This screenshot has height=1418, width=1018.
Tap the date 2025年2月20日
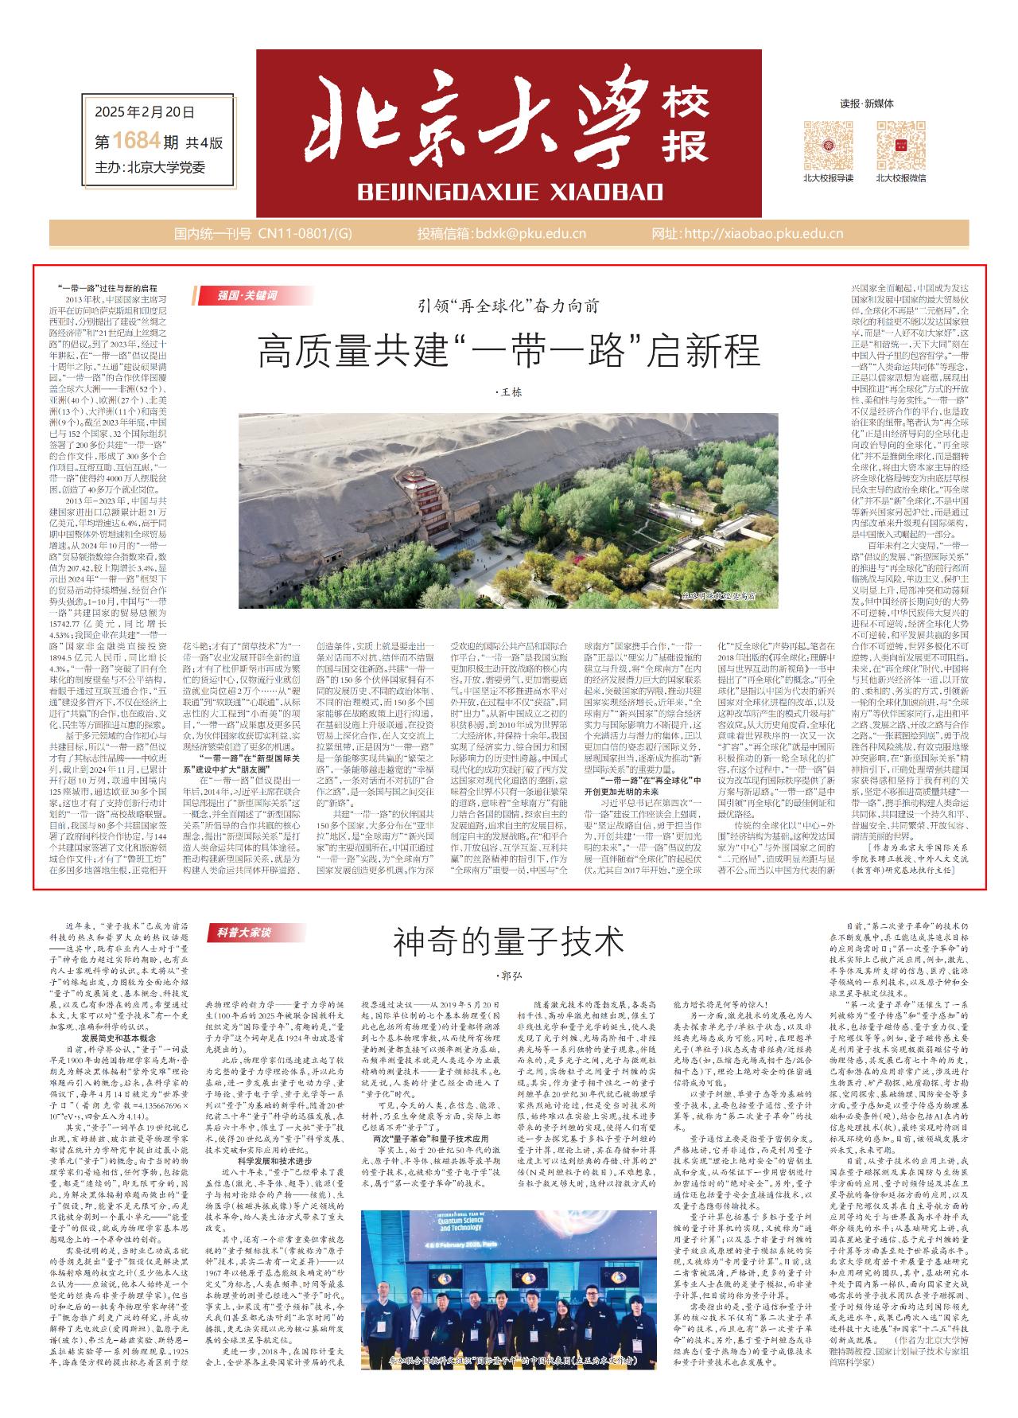[x=144, y=113]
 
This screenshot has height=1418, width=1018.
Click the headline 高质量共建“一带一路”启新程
[x=509, y=351]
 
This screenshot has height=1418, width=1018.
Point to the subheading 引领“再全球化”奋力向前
[x=509, y=306]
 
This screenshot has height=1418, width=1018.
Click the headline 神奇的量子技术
[x=509, y=943]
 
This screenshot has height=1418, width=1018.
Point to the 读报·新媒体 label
[x=866, y=103]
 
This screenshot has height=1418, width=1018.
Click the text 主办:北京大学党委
[x=150, y=167]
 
